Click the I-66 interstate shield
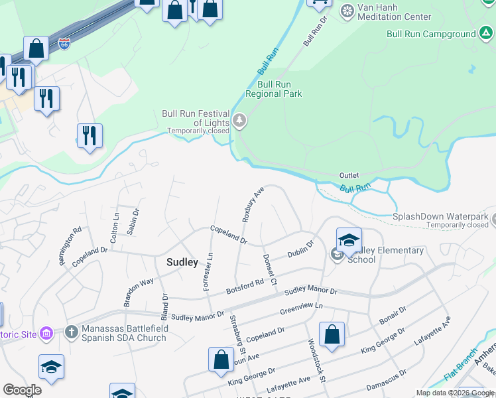tap(64, 44)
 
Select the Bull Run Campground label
tap(432, 33)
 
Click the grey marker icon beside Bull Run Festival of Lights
tap(239, 122)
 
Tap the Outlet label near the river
tap(349, 175)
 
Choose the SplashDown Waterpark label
tap(440, 217)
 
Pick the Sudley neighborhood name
tap(182, 262)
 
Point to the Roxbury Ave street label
tap(253, 203)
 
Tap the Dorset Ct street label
tap(270, 265)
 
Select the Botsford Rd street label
tap(245, 286)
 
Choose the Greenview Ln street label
tap(301, 307)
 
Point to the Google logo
tap(23, 390)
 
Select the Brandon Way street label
tap(138, 293)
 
